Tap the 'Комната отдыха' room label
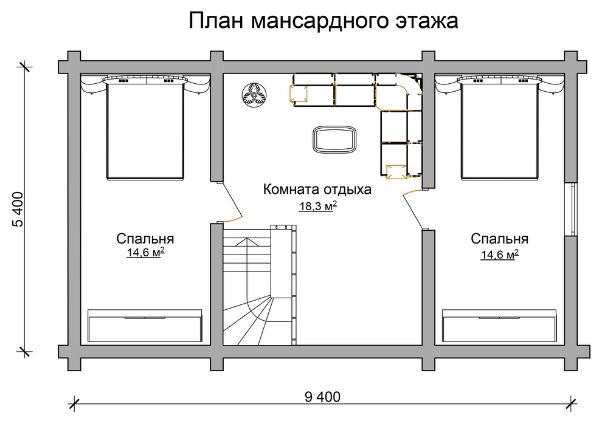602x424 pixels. tap(317, 190)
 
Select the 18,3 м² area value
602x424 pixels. tap(317, 207)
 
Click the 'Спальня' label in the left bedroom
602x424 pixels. tap(145, 238)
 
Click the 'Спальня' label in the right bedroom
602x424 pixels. tap(499, 238)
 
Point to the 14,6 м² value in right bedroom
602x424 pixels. tap(499, 254)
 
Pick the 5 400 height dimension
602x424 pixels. tap(18, 210)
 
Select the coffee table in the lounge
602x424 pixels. tap(334, 139)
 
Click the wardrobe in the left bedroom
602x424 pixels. tap(145, 326)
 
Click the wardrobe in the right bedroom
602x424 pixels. tap(499, 326)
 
